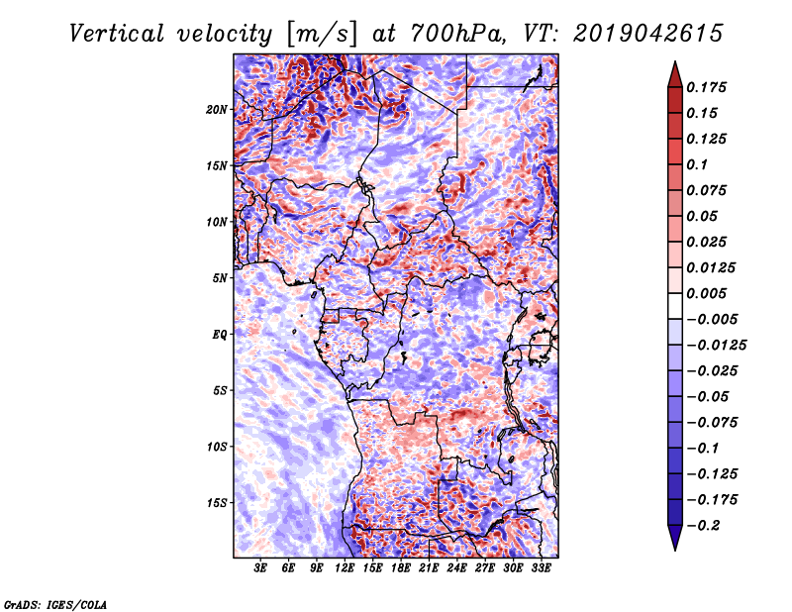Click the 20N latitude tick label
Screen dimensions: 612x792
pyautogui.click(x=218, y=109)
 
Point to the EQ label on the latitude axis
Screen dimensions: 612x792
pyautogui.click(x=220, y=334)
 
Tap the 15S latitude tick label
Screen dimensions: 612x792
pyautogui.click(x=218, y=502)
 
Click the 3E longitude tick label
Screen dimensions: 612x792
pyautogui.click(x=260, y=569)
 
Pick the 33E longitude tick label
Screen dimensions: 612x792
pyautogui.click(x=541, y=569)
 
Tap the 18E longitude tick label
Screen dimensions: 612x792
pyautogui.click(x=400, y=569)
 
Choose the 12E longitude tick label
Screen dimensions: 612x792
pyautogui.click(x=345, y=569)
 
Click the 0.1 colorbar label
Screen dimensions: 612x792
pyautogui.click(x=699, y=164)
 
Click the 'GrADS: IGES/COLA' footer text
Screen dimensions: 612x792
pyautogui.click(x=54, y=603)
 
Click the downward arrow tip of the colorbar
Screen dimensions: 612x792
pyautogui.click(x=674, y=548)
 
